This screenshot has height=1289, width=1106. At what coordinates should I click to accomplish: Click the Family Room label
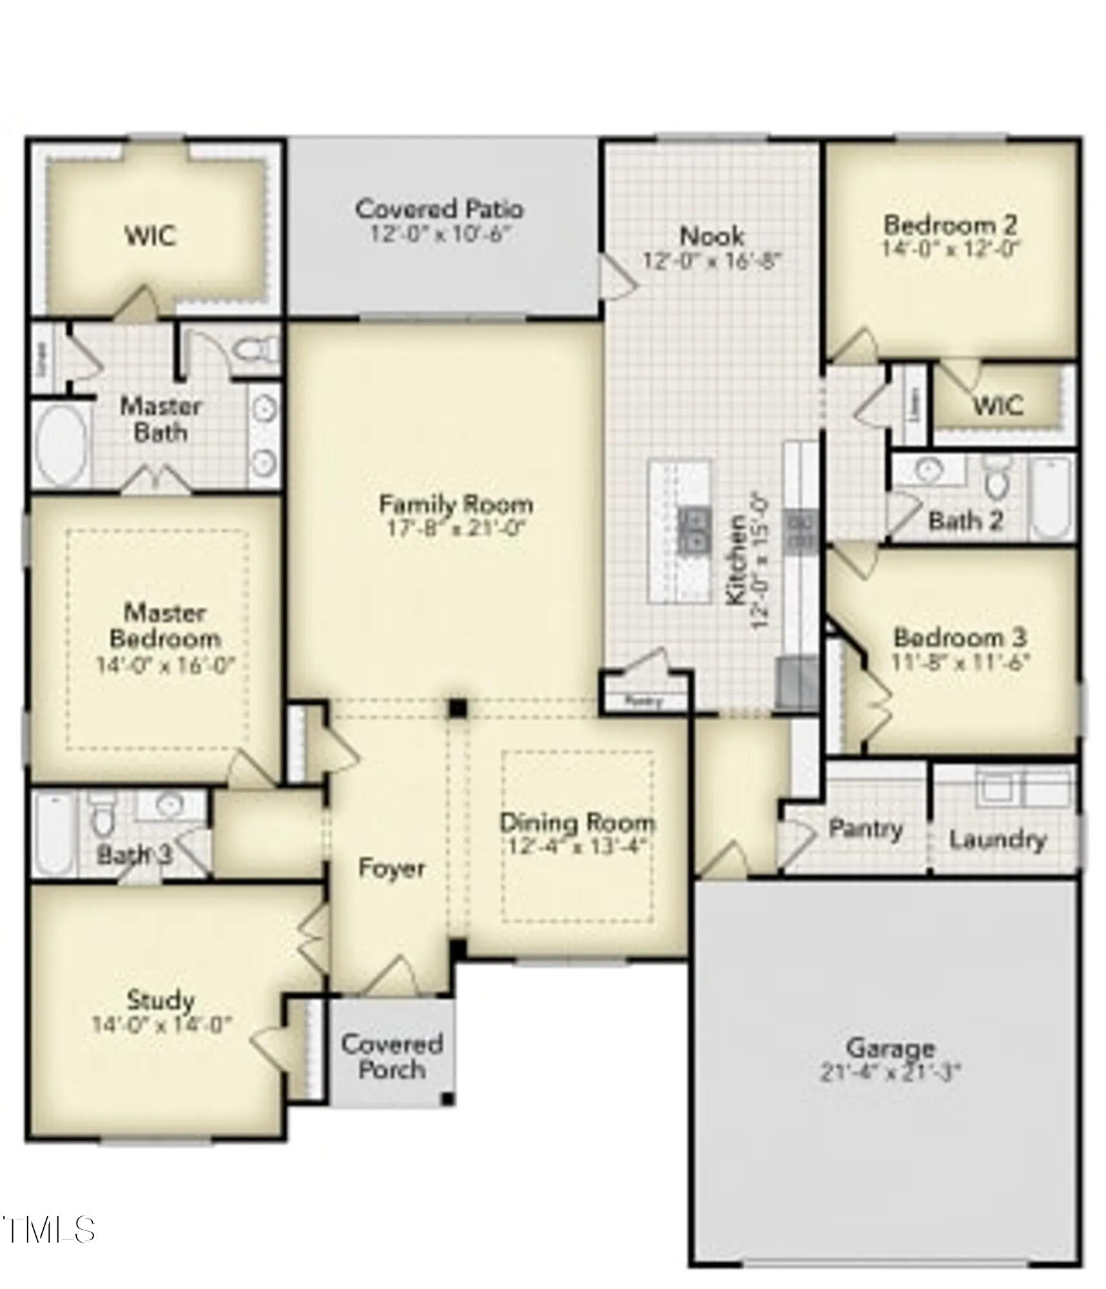pos(456,503)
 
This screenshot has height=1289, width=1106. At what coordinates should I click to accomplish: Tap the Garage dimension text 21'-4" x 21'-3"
pos(890,1073)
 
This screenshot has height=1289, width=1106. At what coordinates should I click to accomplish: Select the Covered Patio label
pos(440,209)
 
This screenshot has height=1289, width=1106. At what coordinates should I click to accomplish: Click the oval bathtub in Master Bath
pos(61,445)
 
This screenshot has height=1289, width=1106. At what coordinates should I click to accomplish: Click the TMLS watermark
pos(48,1230)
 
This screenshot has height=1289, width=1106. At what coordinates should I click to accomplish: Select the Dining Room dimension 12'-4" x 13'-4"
pos(577,846)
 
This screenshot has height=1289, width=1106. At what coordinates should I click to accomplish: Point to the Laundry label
pos(997,840)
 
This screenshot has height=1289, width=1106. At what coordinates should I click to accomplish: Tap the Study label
pos(161,1000)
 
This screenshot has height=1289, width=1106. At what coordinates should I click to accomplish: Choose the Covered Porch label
pos(392,1056)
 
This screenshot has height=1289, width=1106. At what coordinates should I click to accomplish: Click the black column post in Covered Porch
pos(447,1099)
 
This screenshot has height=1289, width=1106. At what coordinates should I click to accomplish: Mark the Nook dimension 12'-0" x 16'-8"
pos(712,260)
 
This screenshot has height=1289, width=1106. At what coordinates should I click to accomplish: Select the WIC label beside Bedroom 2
pos(998,405)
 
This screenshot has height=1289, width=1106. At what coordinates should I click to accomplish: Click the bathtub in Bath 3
pos(53,834)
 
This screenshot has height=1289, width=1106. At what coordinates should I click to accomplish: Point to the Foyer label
pos(391,868)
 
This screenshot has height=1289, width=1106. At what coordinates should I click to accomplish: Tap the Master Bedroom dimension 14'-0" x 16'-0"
pos(165,664)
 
